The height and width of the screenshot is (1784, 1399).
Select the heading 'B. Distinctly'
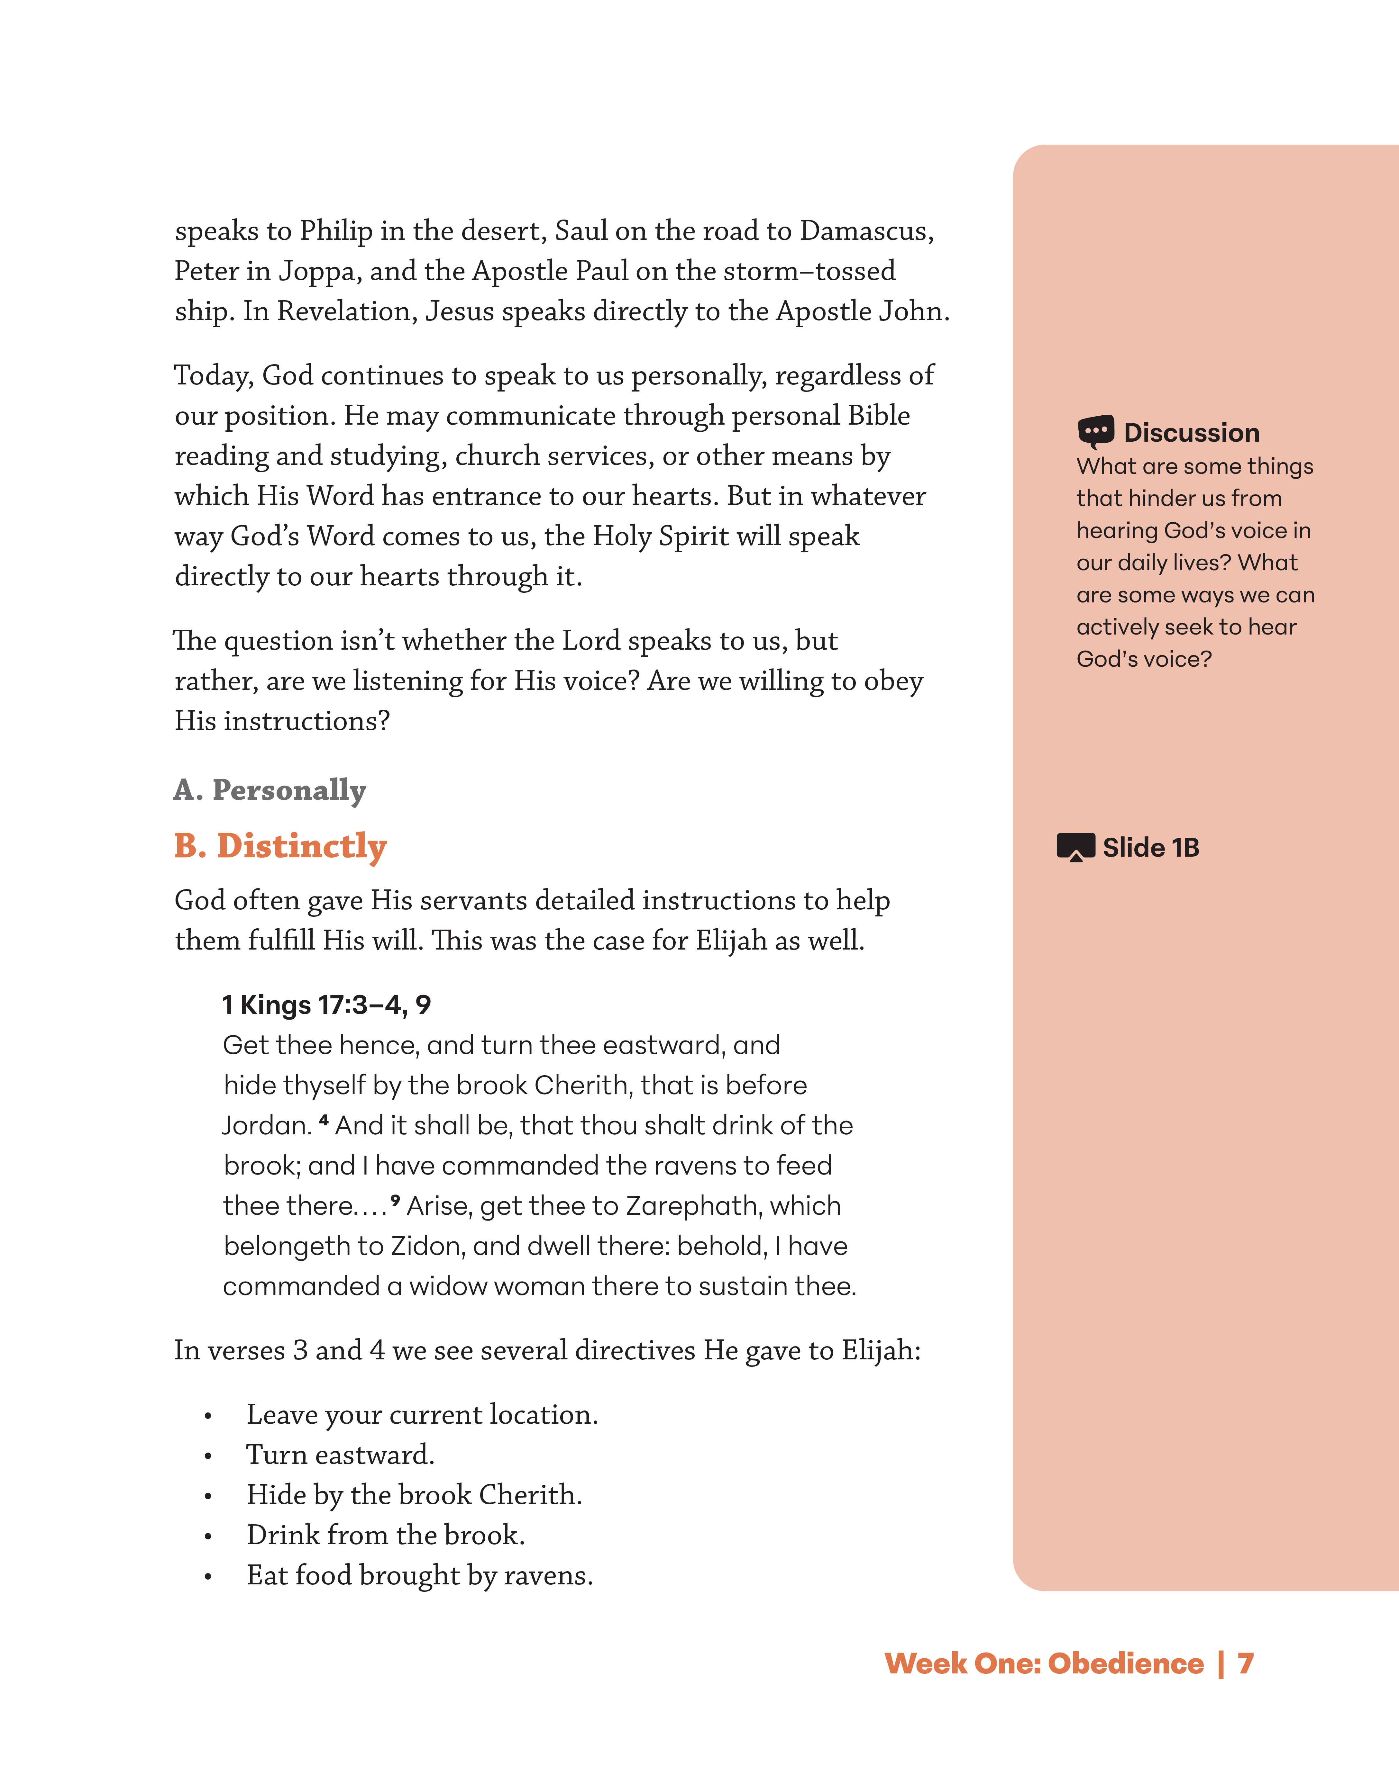280,846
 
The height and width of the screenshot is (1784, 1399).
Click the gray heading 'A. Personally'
270,790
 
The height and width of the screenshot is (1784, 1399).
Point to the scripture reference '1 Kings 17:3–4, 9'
326,1005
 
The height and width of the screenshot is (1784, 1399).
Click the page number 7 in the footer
1245,1664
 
